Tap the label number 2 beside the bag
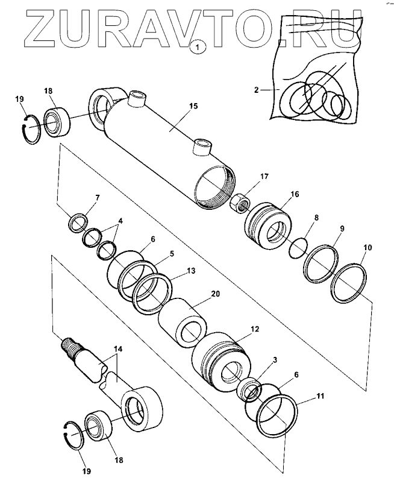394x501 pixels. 257,90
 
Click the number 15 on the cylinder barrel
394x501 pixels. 193,107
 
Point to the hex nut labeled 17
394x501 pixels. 239,202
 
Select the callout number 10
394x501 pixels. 367,247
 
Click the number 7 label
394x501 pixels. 97,197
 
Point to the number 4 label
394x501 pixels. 120,221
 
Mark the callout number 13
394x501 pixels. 191,271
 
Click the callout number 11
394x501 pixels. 320,397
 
